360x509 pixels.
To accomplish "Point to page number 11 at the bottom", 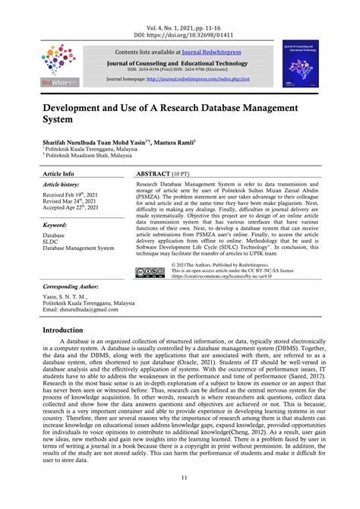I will (180, 497).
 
